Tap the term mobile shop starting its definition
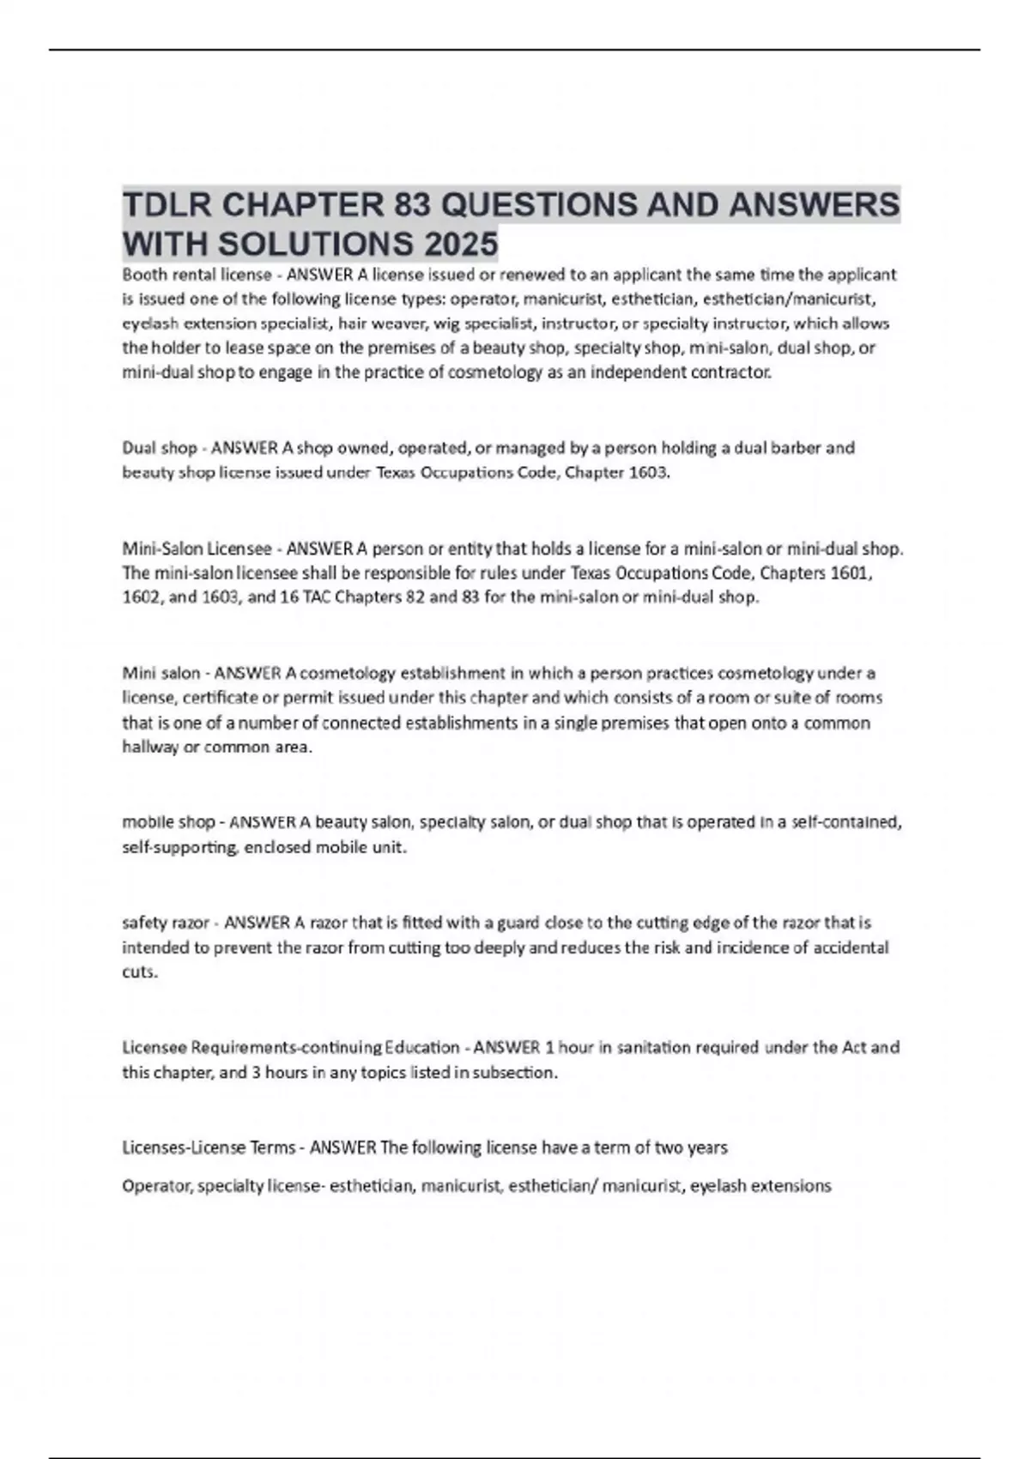[x=168, y=822]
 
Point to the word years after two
[x=703, y=1147]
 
